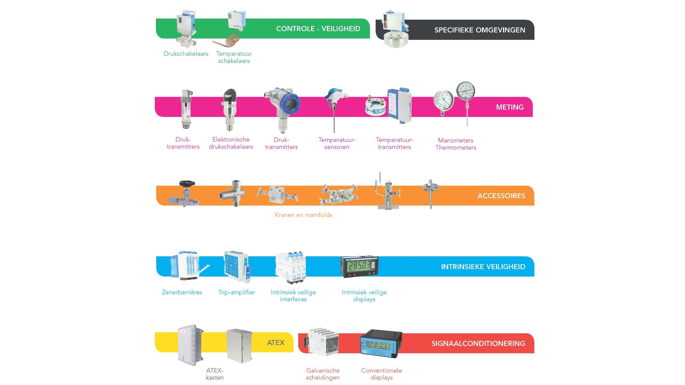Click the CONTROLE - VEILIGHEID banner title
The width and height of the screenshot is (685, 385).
tap(318, 29)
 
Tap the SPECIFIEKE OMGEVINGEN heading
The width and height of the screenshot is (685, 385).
tap(479, 30)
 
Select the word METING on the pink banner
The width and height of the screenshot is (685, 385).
tap(509, 107)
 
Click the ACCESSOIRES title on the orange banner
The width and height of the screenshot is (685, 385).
tap(501, 196)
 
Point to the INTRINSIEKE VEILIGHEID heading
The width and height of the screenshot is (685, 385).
tap(483, 267)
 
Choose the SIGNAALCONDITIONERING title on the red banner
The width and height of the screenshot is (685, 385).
tap(478, 344)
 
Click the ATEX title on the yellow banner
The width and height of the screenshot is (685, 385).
tap(275, 343)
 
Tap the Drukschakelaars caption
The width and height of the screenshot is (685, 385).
tap(186, 54)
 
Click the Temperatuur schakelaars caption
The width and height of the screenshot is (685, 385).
tap(234, 57)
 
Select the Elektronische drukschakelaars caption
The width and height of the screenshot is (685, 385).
tap(231, 143)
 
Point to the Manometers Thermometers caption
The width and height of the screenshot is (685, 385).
tap(456, 144)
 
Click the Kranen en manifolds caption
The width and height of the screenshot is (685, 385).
tap(303, 215)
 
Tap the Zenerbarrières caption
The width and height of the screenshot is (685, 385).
tap(182, 292)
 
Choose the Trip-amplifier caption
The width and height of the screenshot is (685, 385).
tap(237, 292)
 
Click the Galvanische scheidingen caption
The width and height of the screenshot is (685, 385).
tap(323, 374)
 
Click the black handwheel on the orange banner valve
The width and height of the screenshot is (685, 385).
tap(187, 184)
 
